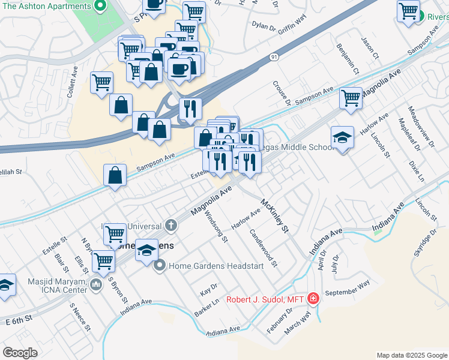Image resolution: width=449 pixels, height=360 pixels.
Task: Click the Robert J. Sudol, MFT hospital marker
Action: coord(313,298)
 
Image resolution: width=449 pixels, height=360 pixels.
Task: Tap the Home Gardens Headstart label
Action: coord(216,266)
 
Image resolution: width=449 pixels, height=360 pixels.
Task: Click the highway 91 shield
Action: coord(274,57)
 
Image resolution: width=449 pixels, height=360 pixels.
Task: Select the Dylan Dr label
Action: coord(251,26)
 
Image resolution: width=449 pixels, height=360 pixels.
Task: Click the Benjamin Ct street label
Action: coord(348,59)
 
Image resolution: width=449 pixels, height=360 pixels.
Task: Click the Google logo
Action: coord(20,353)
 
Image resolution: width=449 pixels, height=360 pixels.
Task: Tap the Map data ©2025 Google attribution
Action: coord(411,355)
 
